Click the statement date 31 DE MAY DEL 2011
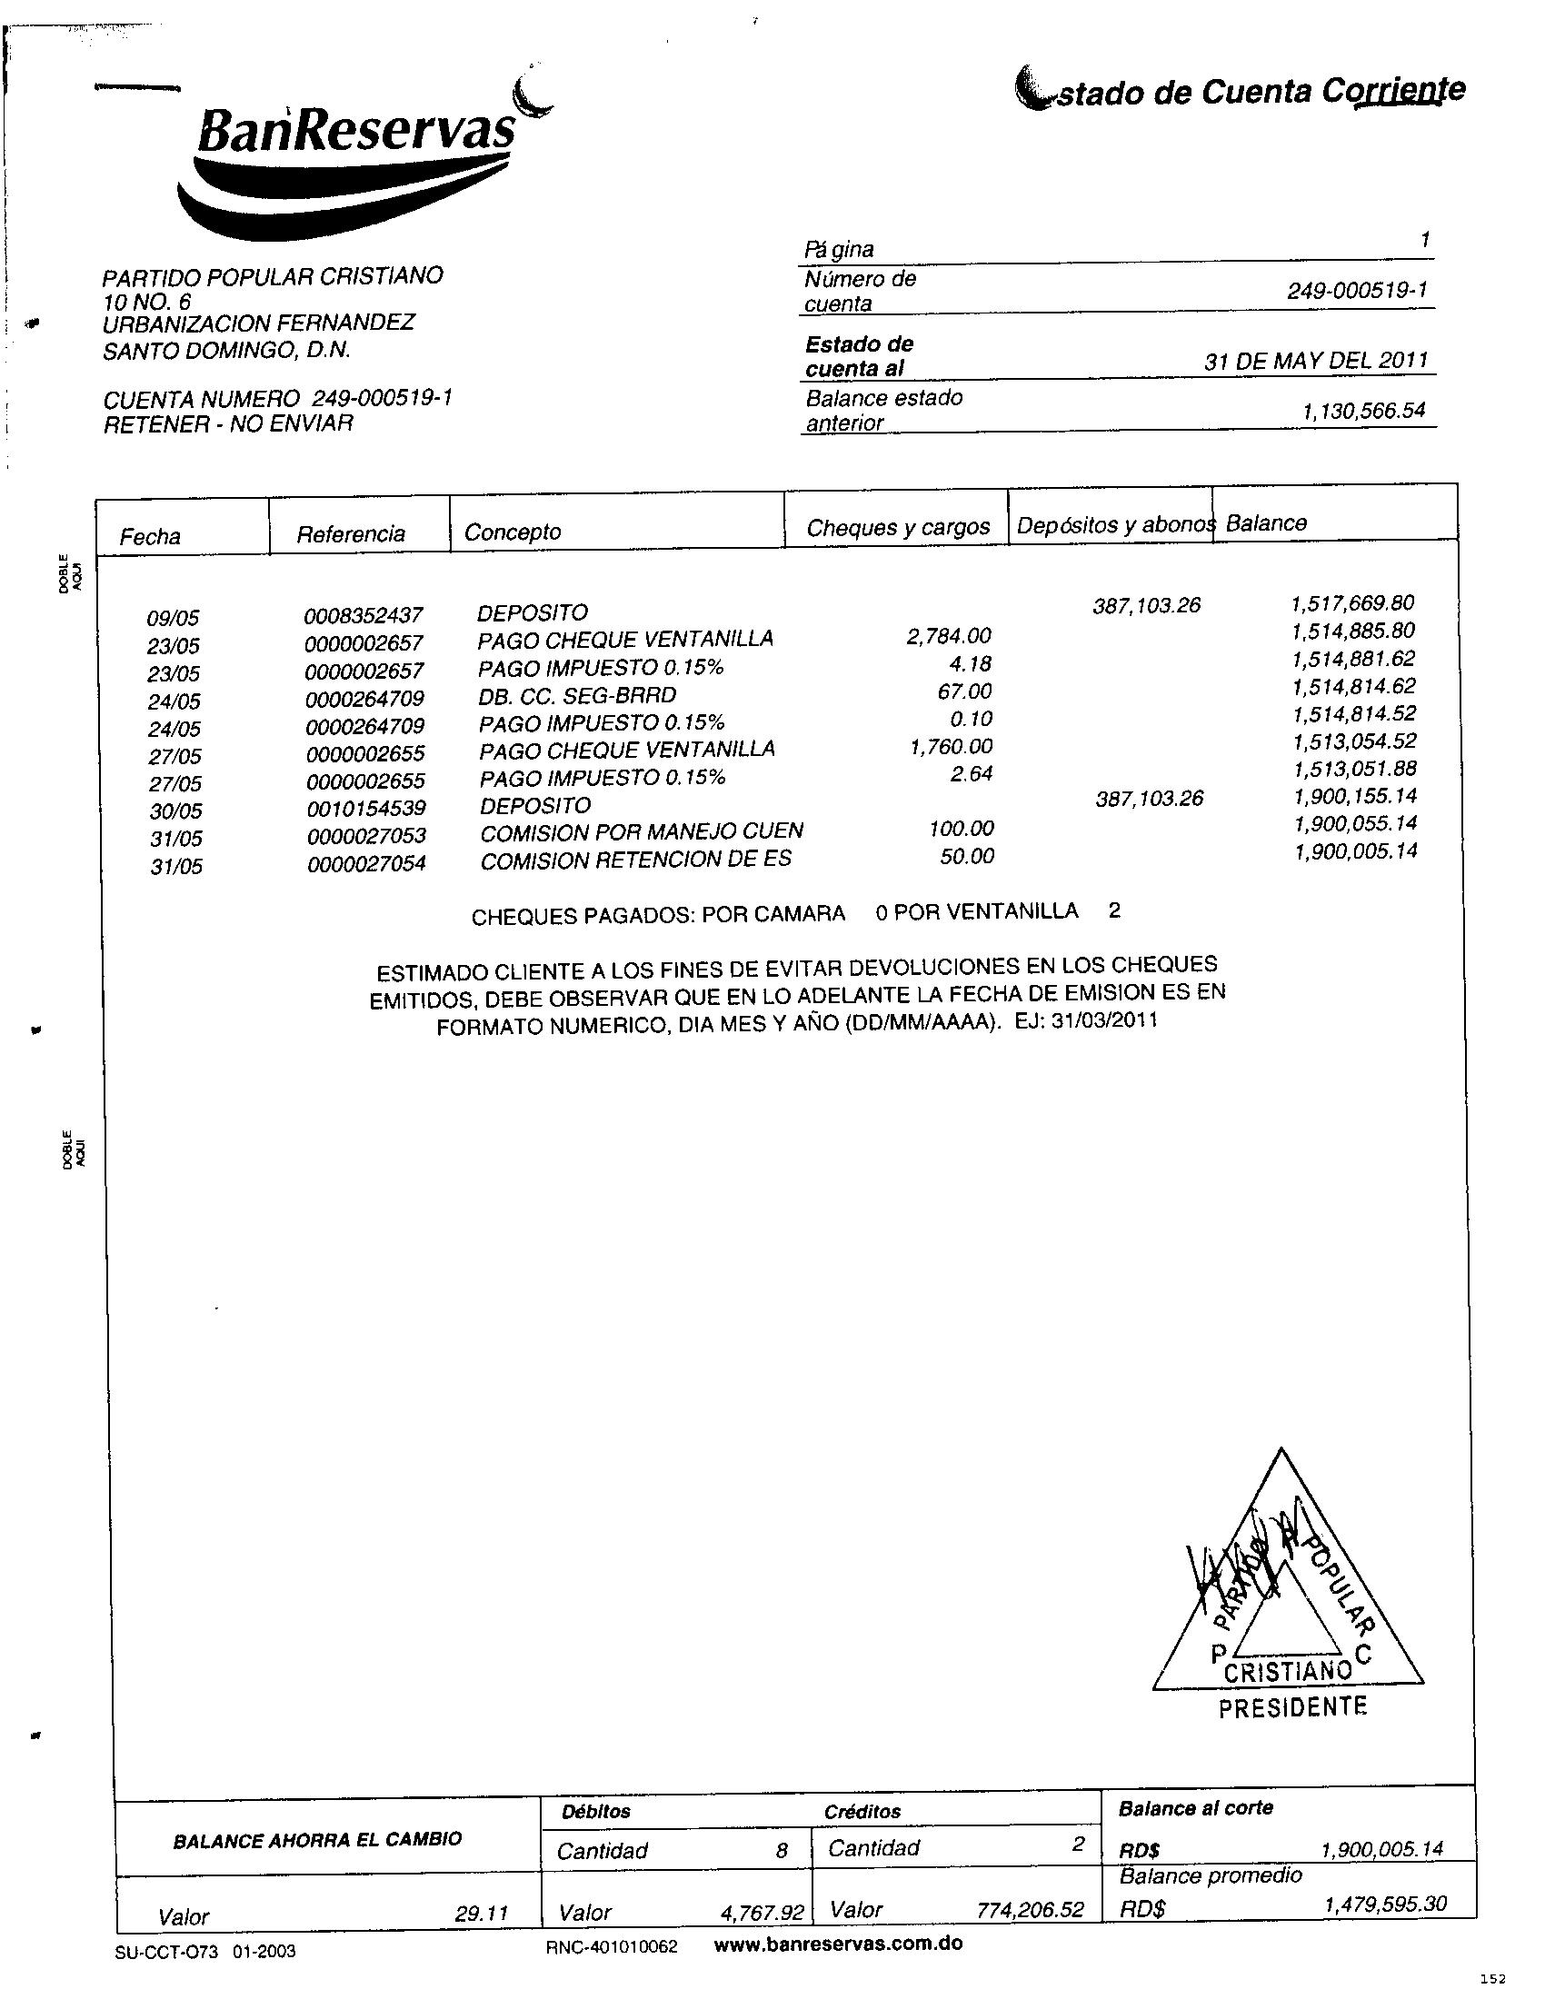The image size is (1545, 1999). point(1316,360)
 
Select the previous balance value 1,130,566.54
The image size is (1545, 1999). point(1364,411)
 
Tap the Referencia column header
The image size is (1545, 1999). point(351,534)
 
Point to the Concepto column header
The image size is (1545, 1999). point(513,532)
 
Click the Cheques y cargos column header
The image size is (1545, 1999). point(898,527)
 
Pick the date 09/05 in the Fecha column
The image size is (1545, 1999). point(173,619)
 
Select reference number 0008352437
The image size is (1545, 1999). point(364,615)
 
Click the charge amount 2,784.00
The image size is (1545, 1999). point(948,635)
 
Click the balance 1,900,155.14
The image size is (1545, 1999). point(1354,796)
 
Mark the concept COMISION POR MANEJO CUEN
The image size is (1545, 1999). point(642,832)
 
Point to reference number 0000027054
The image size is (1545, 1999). point(366,863)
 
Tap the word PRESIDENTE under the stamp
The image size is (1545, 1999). point(1292,1707)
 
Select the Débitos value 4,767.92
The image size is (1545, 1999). point(762,1913)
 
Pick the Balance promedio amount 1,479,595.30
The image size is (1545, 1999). point(1385,1905)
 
